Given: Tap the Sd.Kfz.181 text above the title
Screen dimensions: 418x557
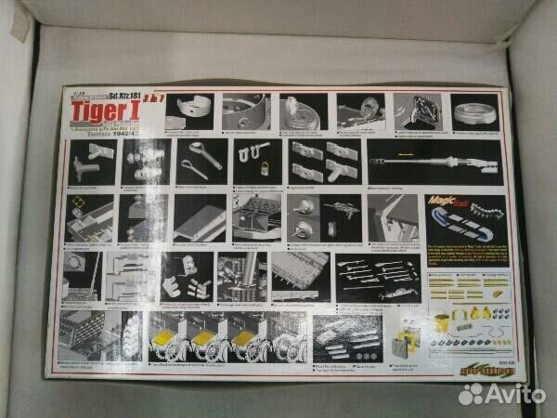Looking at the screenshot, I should (125, 95).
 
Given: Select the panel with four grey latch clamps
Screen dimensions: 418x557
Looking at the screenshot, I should (324, 162).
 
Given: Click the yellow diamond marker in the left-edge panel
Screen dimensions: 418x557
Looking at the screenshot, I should (80, 202).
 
